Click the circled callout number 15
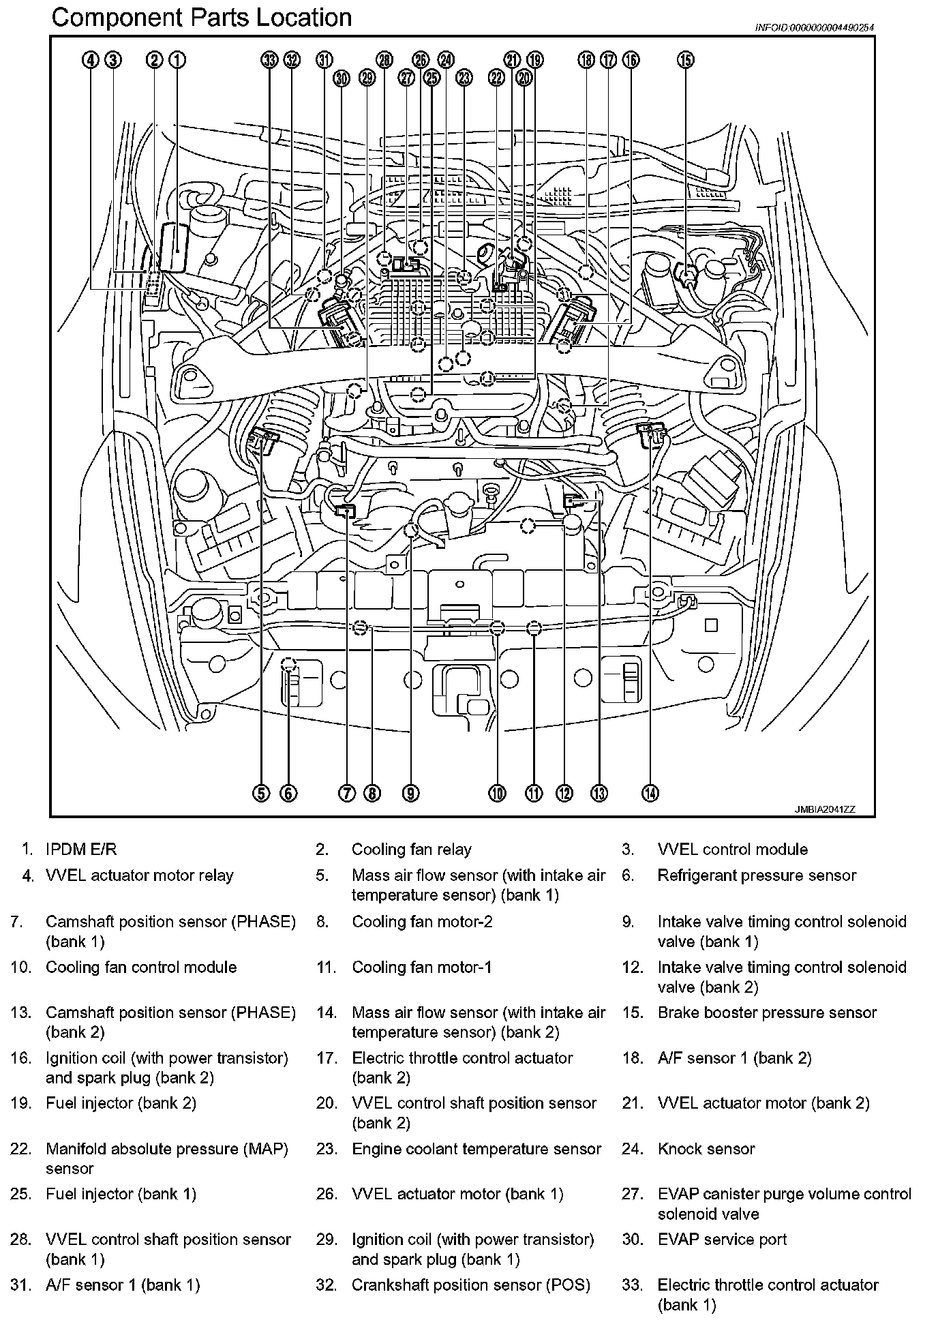coord(685,60)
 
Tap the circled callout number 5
coord(261,792)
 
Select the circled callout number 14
coord(650,792)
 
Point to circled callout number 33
coord(269,60)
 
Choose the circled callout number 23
coord(464,78)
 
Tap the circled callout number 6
coord(288,792)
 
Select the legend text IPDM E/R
coord(81,850)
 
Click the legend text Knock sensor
coord(706,1149)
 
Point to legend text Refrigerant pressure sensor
coord(757,875)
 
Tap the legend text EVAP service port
coord(722,1240)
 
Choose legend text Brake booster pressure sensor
coord(767,1012)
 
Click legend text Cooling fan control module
coord(141,967)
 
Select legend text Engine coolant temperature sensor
coord(476,1149)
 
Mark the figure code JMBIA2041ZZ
coord(824,809)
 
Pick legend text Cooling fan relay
coord(411,850)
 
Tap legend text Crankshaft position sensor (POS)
coord(470,1285)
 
